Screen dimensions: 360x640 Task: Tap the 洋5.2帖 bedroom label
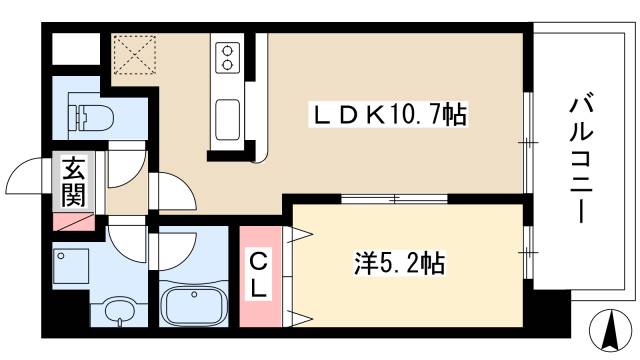pyautogui.click(x=398, y=265)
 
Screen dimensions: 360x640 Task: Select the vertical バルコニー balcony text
pyautogui.click(x=579, y=160)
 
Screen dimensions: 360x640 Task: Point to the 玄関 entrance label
pyautogui.click(x=72, y=181)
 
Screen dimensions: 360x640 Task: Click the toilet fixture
pyautogui.click(x=91, y=116)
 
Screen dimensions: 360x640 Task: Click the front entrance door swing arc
pyautogui.click(x=27, y=178)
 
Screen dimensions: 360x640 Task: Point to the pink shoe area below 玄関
pyautogui.click(x=72, y=221)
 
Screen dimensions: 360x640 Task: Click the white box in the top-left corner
pyautogui.click(x=75, y=49)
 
